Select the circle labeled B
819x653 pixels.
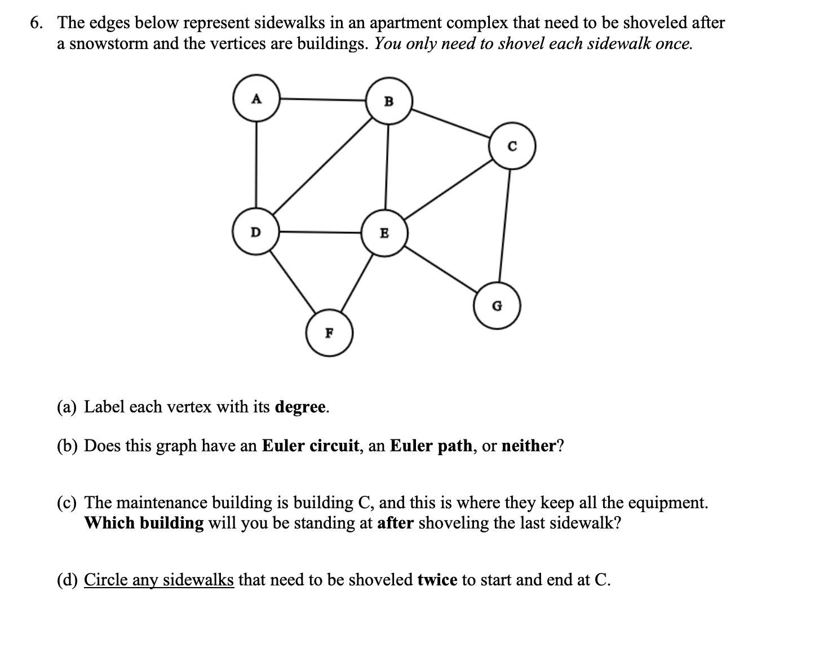[389, 101]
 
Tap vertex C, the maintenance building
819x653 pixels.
[512, 146]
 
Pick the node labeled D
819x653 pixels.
[256, 231]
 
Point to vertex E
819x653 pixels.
[385, 232]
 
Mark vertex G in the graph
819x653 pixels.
[497, 306]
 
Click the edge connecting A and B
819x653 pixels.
[323, 100]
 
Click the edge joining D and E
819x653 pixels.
[320, 231]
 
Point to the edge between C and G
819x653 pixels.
[504, 225]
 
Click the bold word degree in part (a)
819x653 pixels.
[300, 407]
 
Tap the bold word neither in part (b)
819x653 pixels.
[528, 446]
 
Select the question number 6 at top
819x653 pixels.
[37, 23]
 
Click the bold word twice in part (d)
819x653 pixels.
[437, 579]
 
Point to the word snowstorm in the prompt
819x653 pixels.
[108, 43]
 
